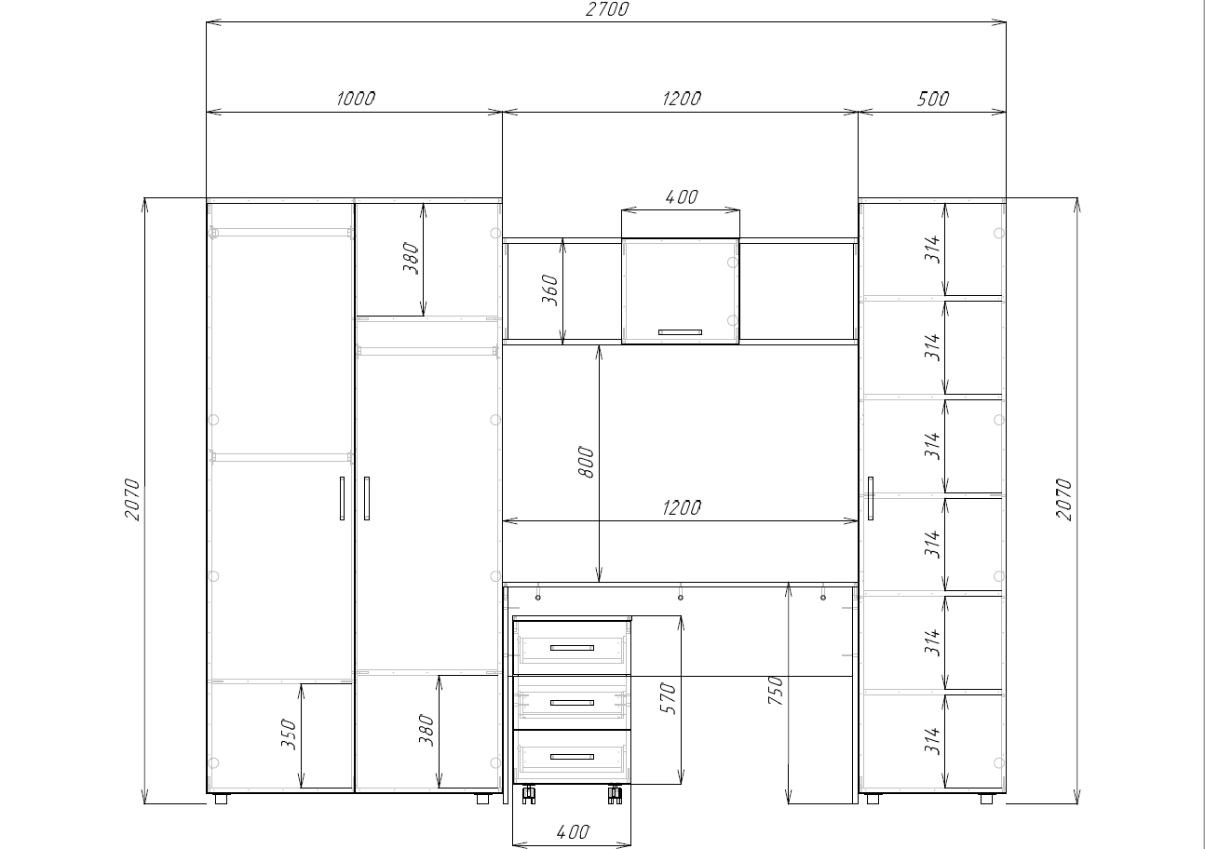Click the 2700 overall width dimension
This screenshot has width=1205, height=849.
pyautogui.click(x=607, y=9)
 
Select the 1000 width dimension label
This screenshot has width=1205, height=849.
pyautogui.click(x=356, y=99)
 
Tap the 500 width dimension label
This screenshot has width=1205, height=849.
pyautogui.click(x=933, y=99)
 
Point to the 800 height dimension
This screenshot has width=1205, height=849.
pyautogui.click(x=586, y=462)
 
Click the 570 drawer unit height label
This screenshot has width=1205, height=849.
pyautogui.click(x=667, y=698)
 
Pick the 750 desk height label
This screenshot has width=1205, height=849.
pyautogui.click(x=775, y=691)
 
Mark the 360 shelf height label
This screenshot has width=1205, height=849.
pyautogui.click(x=549, y=290)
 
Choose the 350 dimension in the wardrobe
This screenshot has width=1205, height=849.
pyautogui.click(x=289, y=734)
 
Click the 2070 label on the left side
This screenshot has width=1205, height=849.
pyautogui.click(x=132, y=500)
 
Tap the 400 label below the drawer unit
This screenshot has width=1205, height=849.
pyautogui.click(x=573, y=832)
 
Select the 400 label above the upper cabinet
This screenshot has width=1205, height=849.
pyautogui.click(x=681, y=197)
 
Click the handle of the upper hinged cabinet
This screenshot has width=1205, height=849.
pyautogui.click(x=680, y=332)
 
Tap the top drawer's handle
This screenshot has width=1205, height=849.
pyautogui.click(x=572, y=648)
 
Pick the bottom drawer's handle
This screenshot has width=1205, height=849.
pyautogui.click(x=572, y=757)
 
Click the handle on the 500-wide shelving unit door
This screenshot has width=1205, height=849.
pyautogui.click(x=871, y=498)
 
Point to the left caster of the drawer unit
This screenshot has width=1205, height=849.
pyautogui.click(x=529, y=794)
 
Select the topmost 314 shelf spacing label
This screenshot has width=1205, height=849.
pyautogui.click(x=932, y=249)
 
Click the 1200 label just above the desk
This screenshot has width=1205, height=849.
pyautogui.click(x=681, y=508)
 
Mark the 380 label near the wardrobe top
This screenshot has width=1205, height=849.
pyautogui.click(x=411, y=258)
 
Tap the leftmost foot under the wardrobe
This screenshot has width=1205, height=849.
pyautogui.click(x=221, y=799)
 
